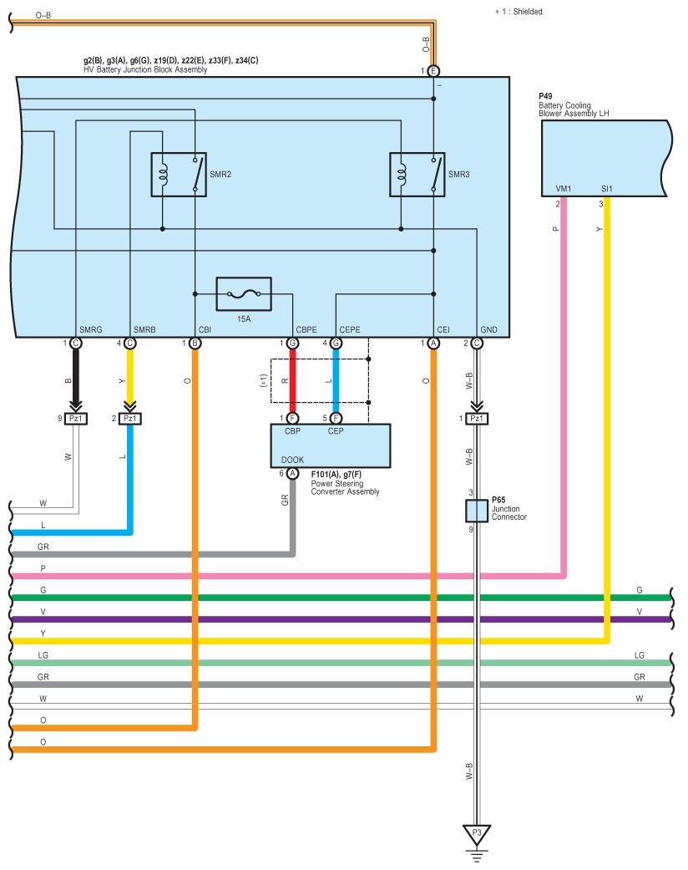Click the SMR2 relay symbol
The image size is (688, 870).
179,174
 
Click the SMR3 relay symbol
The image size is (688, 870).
417,174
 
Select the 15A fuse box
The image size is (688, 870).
244,294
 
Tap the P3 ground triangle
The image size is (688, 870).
477,835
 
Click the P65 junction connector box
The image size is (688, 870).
477,511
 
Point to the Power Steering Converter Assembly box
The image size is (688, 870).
331,446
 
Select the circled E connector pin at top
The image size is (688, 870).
433,71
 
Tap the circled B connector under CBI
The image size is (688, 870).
195,343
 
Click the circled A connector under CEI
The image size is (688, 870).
433,343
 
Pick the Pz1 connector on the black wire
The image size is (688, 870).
76,419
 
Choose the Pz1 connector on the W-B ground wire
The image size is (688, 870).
477,419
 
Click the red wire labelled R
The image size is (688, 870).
293,380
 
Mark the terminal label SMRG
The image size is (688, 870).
91,329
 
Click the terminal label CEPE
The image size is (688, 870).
350,329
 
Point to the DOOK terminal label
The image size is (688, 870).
293,460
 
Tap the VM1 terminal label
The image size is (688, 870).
564,189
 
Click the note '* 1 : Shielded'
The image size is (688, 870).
519,12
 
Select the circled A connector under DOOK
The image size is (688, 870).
293,474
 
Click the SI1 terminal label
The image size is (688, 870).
607,189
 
